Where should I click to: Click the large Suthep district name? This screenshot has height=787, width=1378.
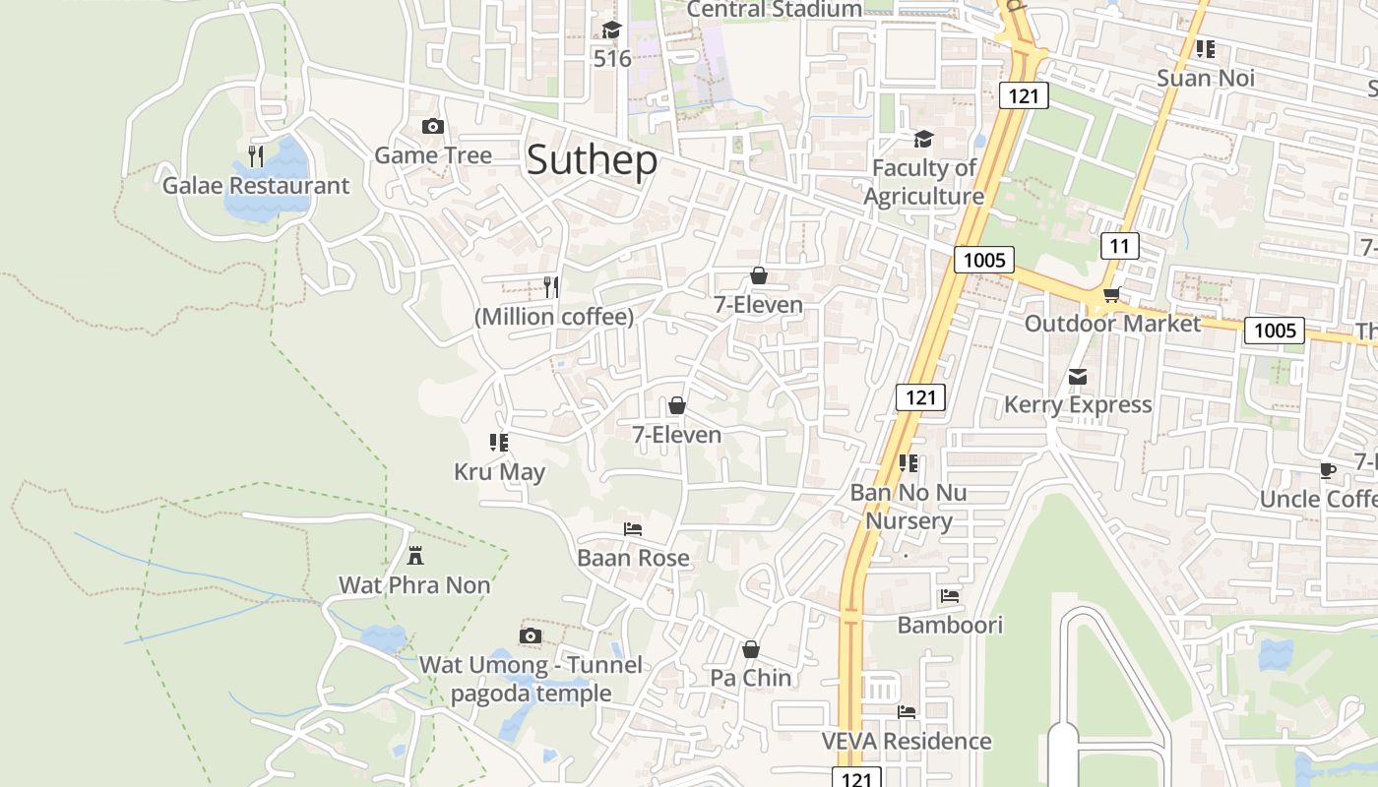[592, 160]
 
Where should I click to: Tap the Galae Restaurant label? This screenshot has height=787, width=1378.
[256, 186]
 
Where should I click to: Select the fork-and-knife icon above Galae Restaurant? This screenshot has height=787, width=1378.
[256, 155]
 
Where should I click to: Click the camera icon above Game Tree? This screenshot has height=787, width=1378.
[432, 126]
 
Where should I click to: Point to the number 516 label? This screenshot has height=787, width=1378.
[612, 59]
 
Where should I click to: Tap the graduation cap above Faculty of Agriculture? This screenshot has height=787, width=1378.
[923, 140]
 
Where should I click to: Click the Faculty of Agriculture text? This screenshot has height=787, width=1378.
[923, 182]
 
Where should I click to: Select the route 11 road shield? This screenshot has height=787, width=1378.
[1119, 246]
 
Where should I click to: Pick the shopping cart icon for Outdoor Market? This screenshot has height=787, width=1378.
[1112, 295]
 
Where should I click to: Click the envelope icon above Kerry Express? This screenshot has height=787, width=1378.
[1078, 377]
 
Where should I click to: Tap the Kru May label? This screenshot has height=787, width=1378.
[499, 472]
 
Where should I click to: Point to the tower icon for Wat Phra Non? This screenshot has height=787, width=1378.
[415, 556]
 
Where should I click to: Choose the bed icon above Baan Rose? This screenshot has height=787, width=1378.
[633, 529]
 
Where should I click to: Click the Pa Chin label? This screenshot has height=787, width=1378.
[751, 678]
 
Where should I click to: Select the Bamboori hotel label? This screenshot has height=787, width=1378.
[950, 625]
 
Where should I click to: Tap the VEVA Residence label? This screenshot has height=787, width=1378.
[907, 741]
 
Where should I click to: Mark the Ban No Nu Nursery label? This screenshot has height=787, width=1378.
[908, 507]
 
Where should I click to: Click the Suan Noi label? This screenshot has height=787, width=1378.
[1206, 78]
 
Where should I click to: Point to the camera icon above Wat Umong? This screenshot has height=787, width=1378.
[531, 636]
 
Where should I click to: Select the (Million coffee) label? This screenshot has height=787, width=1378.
[554, 317]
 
